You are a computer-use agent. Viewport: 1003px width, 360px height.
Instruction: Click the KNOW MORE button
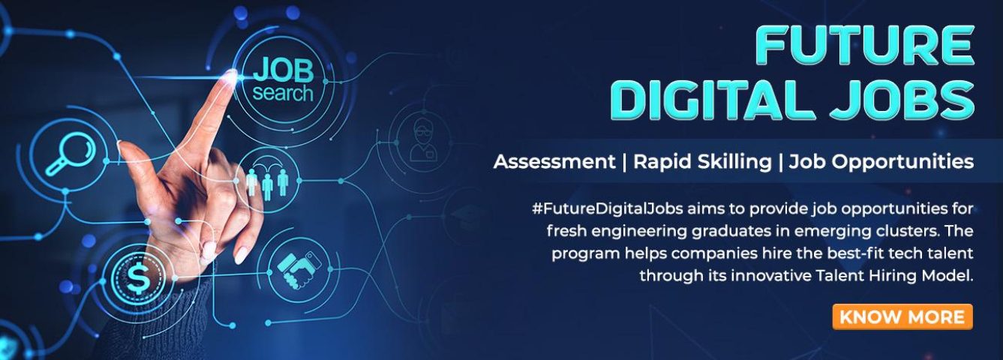(x=902, y=316)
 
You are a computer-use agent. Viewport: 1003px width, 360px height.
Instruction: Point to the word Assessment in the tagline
(x=554, y=161)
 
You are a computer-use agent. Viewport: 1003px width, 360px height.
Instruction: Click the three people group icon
(x=267, y=181)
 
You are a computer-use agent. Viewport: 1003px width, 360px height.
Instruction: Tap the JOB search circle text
(x=283, y=79)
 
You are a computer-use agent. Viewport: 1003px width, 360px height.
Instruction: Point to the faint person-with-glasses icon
(x=419, y=142)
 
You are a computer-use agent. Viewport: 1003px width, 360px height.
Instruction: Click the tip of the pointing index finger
(x=230, y=76)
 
